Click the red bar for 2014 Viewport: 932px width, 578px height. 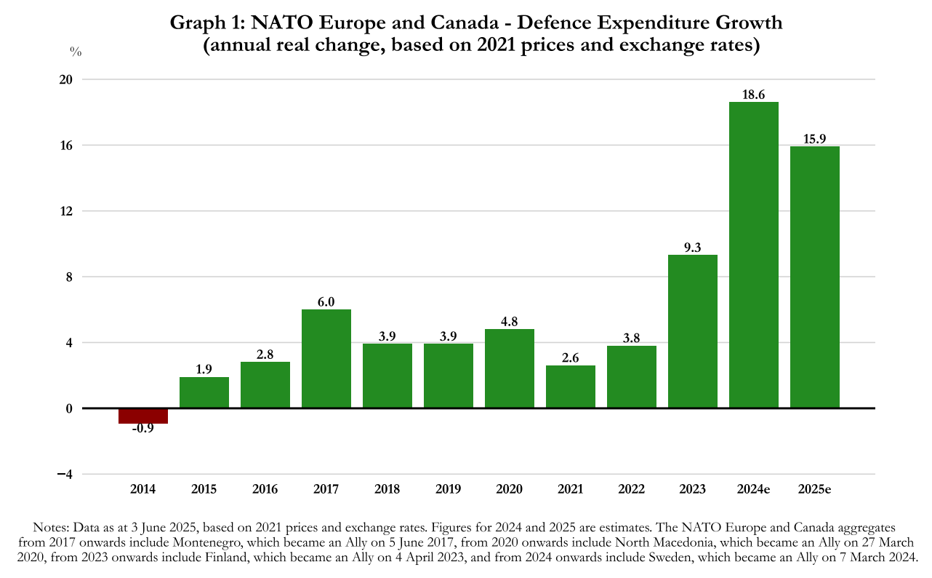tap(143, 416)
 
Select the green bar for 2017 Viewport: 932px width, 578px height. tap(326, 358)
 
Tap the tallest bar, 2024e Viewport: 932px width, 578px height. tap(754, 255)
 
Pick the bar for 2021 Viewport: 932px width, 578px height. tap(571, 387)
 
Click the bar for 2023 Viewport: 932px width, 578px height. tap(693, 331)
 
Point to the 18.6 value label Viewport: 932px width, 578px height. tap(754, 95)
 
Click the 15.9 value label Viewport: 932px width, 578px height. tap(815, 139)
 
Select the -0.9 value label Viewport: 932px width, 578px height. tap(143, 429)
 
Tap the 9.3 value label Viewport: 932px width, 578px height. tap(693, 248)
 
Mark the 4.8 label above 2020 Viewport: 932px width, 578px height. tap(510, 322)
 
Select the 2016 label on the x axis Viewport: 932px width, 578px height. tap(265, 488)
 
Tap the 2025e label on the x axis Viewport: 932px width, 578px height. tap(815, 488)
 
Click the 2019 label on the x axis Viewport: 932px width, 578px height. tap(449, 488)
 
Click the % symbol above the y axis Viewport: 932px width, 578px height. tap(76, 51)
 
